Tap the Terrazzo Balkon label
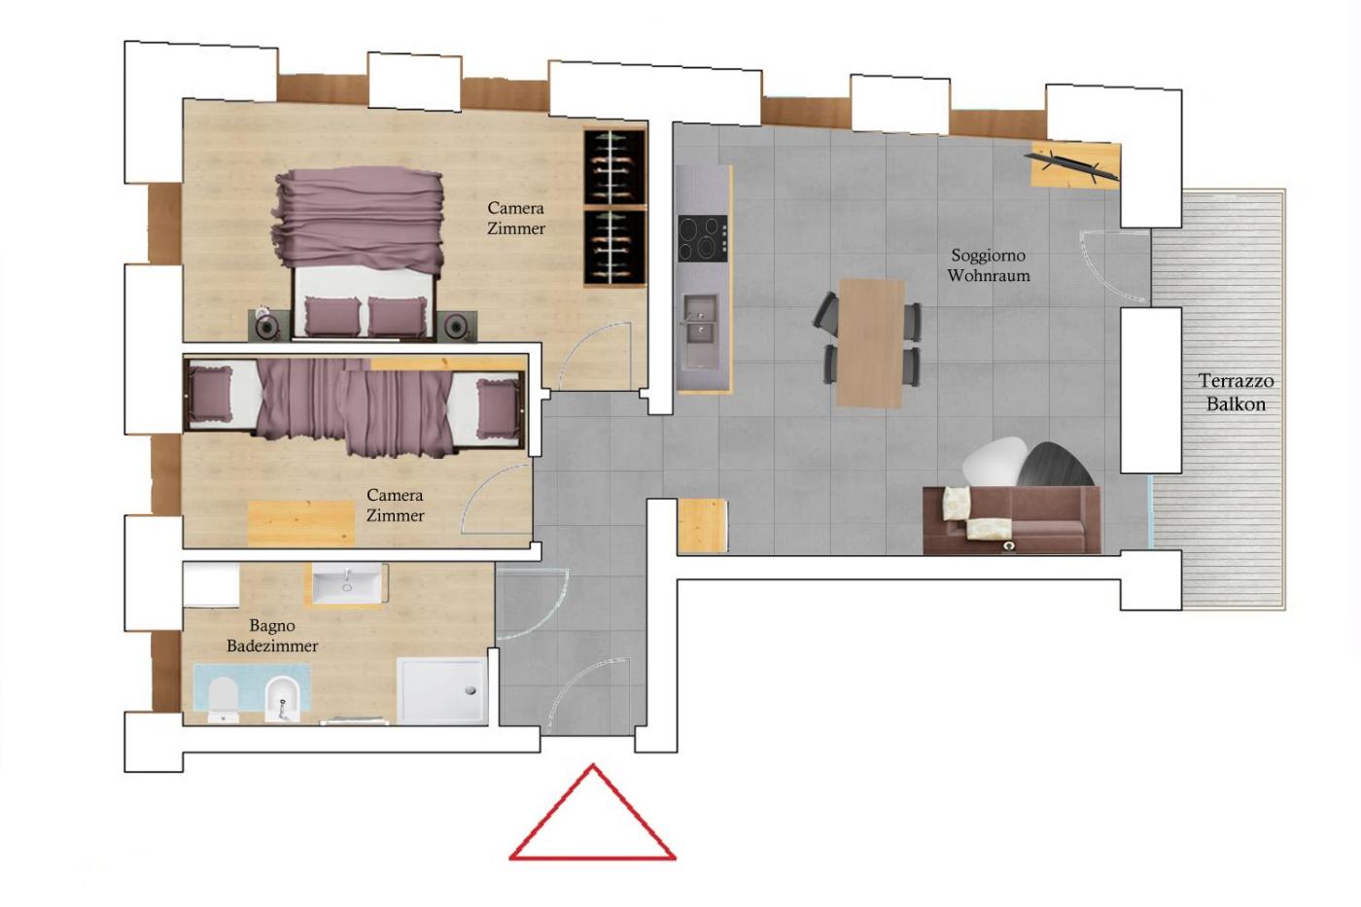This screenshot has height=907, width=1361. (x=1236, y=393)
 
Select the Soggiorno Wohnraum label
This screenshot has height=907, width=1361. (x=989, y=265)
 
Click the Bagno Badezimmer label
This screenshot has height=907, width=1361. (x=272, y=636)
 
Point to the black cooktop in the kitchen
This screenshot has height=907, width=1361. (x=703, y=239)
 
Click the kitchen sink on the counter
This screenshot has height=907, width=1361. (x=701, y=331)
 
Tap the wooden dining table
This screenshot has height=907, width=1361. (x=869, y=343)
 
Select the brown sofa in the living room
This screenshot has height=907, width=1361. (x=1012, y=520)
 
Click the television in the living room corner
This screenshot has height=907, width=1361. (x=1071, y=165)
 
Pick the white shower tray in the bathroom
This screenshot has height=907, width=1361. (x=442, y=691)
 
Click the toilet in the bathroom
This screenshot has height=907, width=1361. (x=223, y=700)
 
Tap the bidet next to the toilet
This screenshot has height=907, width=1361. (x=282, y=700)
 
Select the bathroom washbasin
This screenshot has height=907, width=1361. (x=347, y=582)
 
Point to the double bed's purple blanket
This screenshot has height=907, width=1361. (x=359, y=219)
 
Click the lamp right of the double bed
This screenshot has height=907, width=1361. (x=456, y=327)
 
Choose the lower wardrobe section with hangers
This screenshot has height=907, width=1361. (x=614, y=247)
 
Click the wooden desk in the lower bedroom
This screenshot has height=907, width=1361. (x=301, y=522)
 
